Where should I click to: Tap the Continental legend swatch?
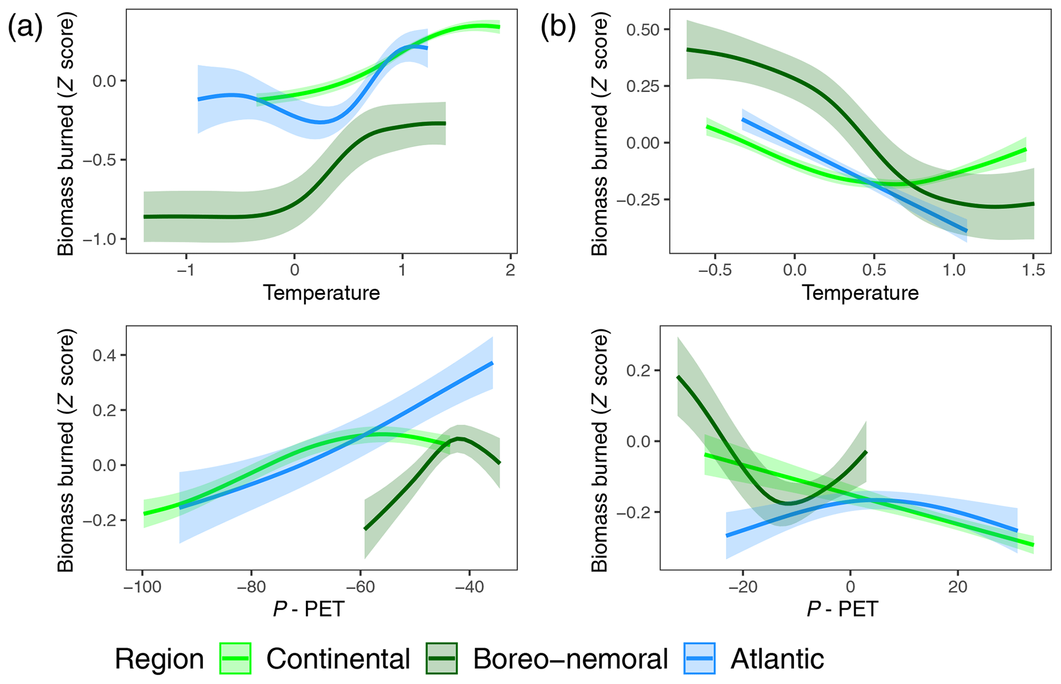pyautogui.click(x=235, y=658)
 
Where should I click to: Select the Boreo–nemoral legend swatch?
pyautogui.click(x=441, y=658)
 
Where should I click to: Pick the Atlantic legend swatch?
pyautogui.click(x=699, y=658)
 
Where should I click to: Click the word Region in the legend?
pyautogui.click(x=159, y=658)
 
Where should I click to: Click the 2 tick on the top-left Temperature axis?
pyautogui.click(x=510, y=270)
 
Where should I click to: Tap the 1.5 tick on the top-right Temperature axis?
pyautogui.click(x=1033, y=270)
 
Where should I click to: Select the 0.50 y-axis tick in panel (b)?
pyautogui.click(x=642, y=30)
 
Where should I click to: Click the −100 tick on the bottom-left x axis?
pyautogui.click(x=143, y=587)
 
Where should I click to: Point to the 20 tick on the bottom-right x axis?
pyautogui.click(x=957, y=587)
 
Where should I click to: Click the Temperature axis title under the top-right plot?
pyautogui.click(x=860, y=293)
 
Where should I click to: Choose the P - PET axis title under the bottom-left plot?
pyautogui.click(x=308, y=610)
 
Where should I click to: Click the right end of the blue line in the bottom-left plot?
pyautogui.click(x=492, y=363)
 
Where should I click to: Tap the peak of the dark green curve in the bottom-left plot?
pyautogui.click(x=459, y=439)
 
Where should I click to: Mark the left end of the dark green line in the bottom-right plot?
pyautogui.click(x=678, y=377)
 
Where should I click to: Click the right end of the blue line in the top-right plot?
pyautogui.click(x=967, y=231)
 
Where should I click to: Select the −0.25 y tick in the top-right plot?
pyautogui.click(x=638, y=200)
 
